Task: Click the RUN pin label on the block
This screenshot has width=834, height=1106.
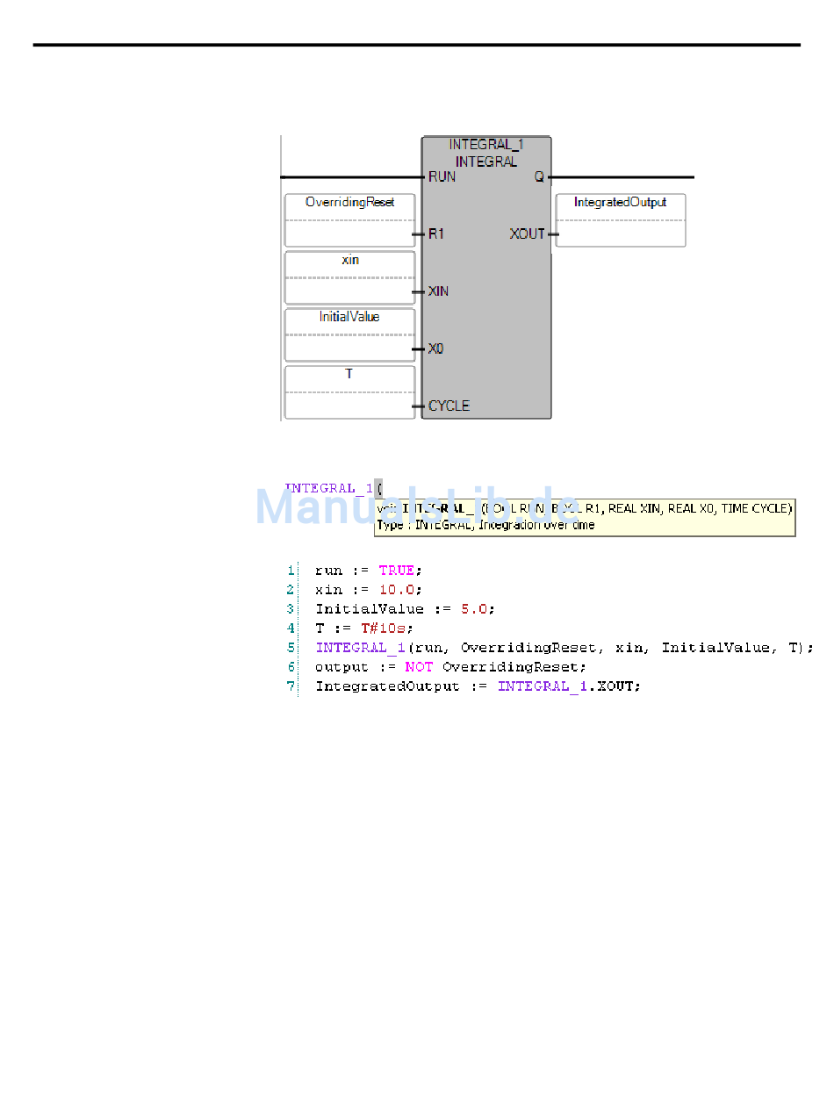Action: (442, 176)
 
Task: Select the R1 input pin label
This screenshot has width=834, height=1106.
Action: (436, 234)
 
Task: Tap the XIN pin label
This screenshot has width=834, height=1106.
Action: (438, 291)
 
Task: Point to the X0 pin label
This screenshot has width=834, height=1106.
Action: (436, 349)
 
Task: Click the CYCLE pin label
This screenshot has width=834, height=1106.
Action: (449, 406)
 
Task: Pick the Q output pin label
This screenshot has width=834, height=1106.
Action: (539, 176)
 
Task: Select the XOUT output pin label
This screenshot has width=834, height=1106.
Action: (528, 234)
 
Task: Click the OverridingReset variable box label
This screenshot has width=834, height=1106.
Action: (349, 203)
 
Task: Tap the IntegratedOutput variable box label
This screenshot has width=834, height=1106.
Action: (620, 203)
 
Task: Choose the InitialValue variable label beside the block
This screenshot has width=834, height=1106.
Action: (349, 317)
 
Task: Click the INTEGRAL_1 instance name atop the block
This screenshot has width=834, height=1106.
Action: (486, 144)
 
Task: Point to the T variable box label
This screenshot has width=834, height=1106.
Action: (349, 374)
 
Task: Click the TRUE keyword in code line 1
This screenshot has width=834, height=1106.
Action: (397, 571)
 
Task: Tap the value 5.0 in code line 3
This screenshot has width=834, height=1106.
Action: (478, 609)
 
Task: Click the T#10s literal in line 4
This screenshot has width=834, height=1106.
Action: (386, 628)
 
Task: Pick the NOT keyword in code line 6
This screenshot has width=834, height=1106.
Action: (419, 667)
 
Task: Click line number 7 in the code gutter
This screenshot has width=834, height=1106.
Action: (291, 686)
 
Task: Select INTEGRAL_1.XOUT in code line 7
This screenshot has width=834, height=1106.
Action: (569, 686)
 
